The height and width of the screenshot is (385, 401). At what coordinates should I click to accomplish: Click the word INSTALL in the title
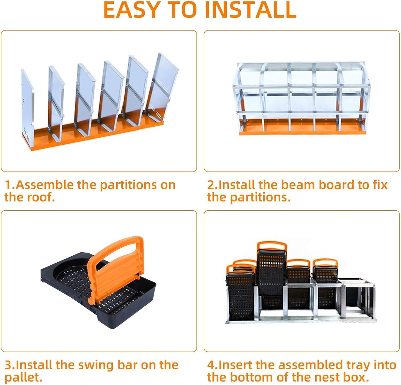(x=250, y=10)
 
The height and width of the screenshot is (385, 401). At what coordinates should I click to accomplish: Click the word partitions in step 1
(x=128, y=185)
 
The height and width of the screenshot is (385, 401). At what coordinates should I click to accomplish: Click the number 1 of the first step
(x=8, y=185)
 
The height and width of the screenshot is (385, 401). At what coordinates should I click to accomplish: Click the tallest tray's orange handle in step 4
(x=272, y=246)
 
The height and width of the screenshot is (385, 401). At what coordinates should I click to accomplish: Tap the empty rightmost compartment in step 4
(x=358, y=300)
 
